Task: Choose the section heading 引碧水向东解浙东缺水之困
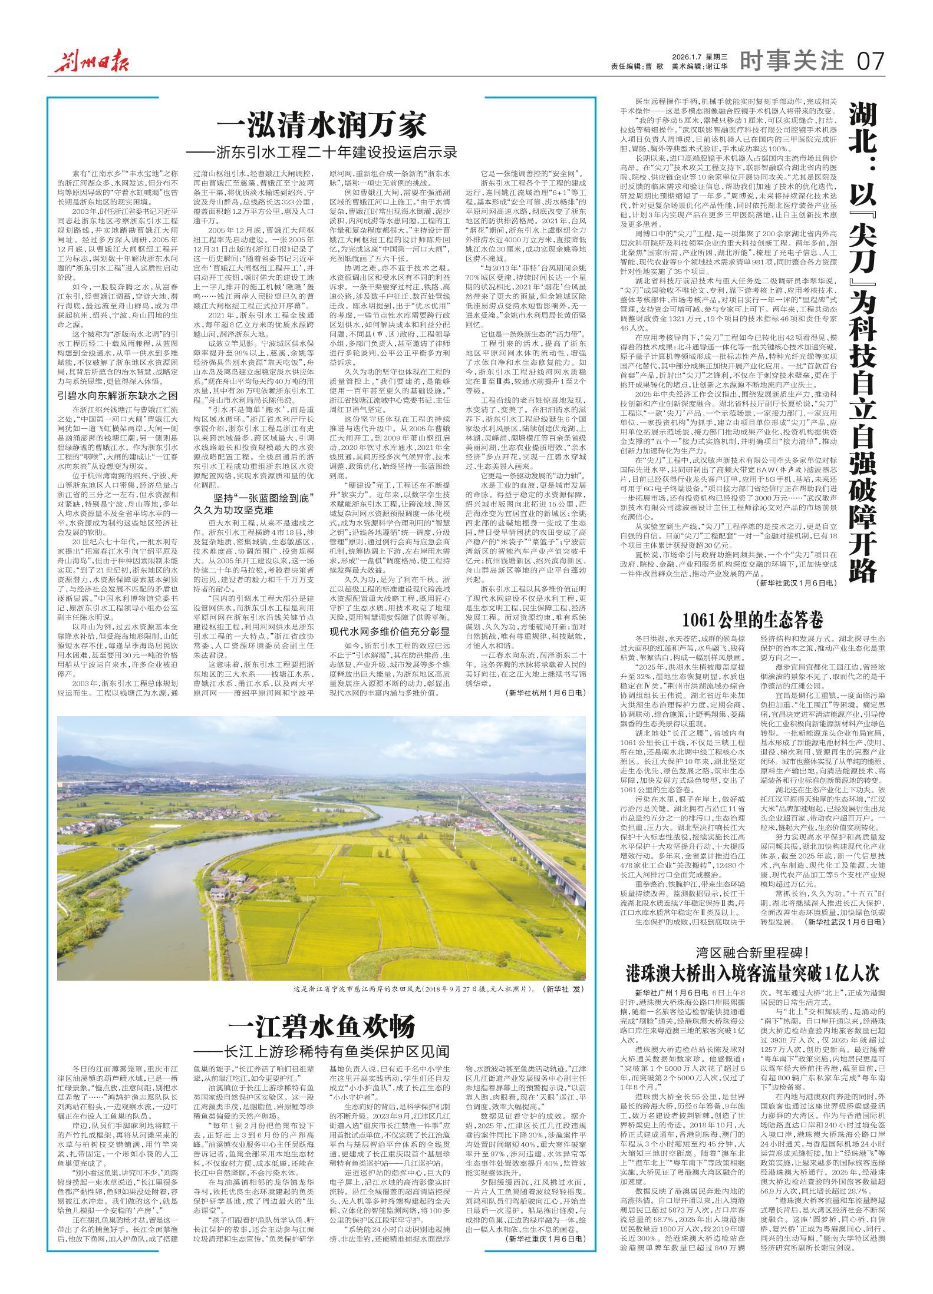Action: coord(116,395)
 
